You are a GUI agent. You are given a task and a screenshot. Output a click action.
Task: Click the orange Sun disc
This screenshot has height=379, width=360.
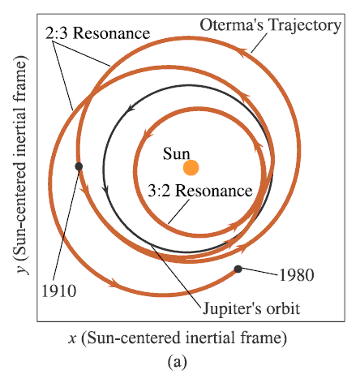point(191,168)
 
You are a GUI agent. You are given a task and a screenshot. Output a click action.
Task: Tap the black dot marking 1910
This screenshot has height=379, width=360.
point(79,166)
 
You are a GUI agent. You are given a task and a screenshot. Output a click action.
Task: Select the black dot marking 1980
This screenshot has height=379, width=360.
point(238,269)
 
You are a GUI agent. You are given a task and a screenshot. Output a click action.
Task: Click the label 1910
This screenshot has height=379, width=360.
point(59,291)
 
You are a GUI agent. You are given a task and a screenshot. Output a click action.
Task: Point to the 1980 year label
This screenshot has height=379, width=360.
point(297,275)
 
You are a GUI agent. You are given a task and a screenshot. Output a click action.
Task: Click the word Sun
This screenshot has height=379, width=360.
point(176,153)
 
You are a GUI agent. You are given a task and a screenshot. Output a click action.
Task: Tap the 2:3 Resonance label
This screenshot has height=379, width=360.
point(97,33)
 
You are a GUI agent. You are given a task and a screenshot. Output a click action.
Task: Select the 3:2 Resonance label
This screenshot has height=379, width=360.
point(200,191)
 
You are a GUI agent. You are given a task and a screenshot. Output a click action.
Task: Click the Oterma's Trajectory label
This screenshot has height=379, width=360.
point(271,26)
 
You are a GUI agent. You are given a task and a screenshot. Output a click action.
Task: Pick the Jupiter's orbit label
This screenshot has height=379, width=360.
point(251,308)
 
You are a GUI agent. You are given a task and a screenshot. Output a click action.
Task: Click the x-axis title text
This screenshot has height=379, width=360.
point(178,338)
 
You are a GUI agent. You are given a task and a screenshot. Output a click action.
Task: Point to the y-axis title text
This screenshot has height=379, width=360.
point(21,165)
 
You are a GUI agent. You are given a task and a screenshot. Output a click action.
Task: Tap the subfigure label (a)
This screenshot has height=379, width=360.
point(178,361)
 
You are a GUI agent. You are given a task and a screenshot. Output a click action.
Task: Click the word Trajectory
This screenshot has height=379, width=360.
point(305,26)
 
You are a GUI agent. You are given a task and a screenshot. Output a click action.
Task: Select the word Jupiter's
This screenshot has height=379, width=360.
point(232,308)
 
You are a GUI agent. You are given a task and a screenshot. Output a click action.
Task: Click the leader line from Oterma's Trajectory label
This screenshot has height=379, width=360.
point(259,43)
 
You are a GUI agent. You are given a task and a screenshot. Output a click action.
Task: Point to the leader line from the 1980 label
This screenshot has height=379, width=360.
point(259,272)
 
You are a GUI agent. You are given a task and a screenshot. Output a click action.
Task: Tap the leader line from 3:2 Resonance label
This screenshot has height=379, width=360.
point(178,212)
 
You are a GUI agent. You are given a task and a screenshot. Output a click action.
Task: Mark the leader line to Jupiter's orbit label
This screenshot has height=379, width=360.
point(177,277)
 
